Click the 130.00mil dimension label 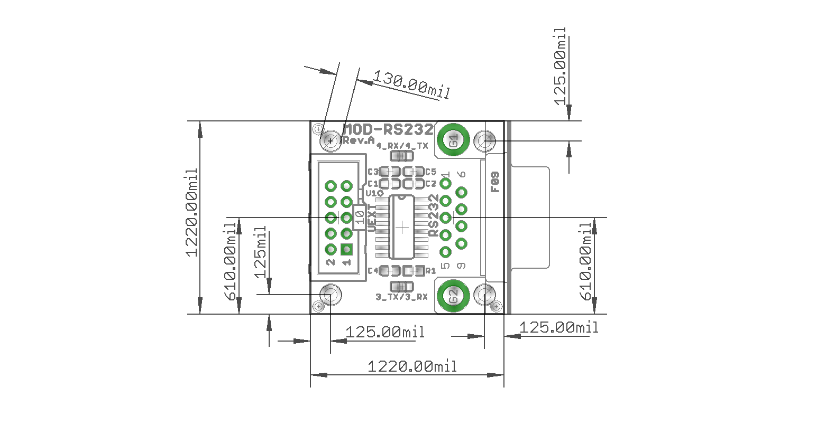click(x=411, y=85)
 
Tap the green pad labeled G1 click(x=454, y=140)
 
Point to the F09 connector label click(x=495, y=182)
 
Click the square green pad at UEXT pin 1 click(x=346, y=249)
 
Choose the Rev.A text click(x=358, y=140)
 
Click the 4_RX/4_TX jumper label click(x=402, y=146)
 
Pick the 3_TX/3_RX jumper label click(x=401, y=297)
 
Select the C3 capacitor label click(x=373, y=172)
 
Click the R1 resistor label click(x=431, y=271)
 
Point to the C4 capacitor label click(x=373, y=271)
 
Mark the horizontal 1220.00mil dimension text click(x=412, y=365)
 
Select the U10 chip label click(x=374, y=193)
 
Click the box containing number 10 click(x=359, y=216)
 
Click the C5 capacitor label click(x=430, y=172)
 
